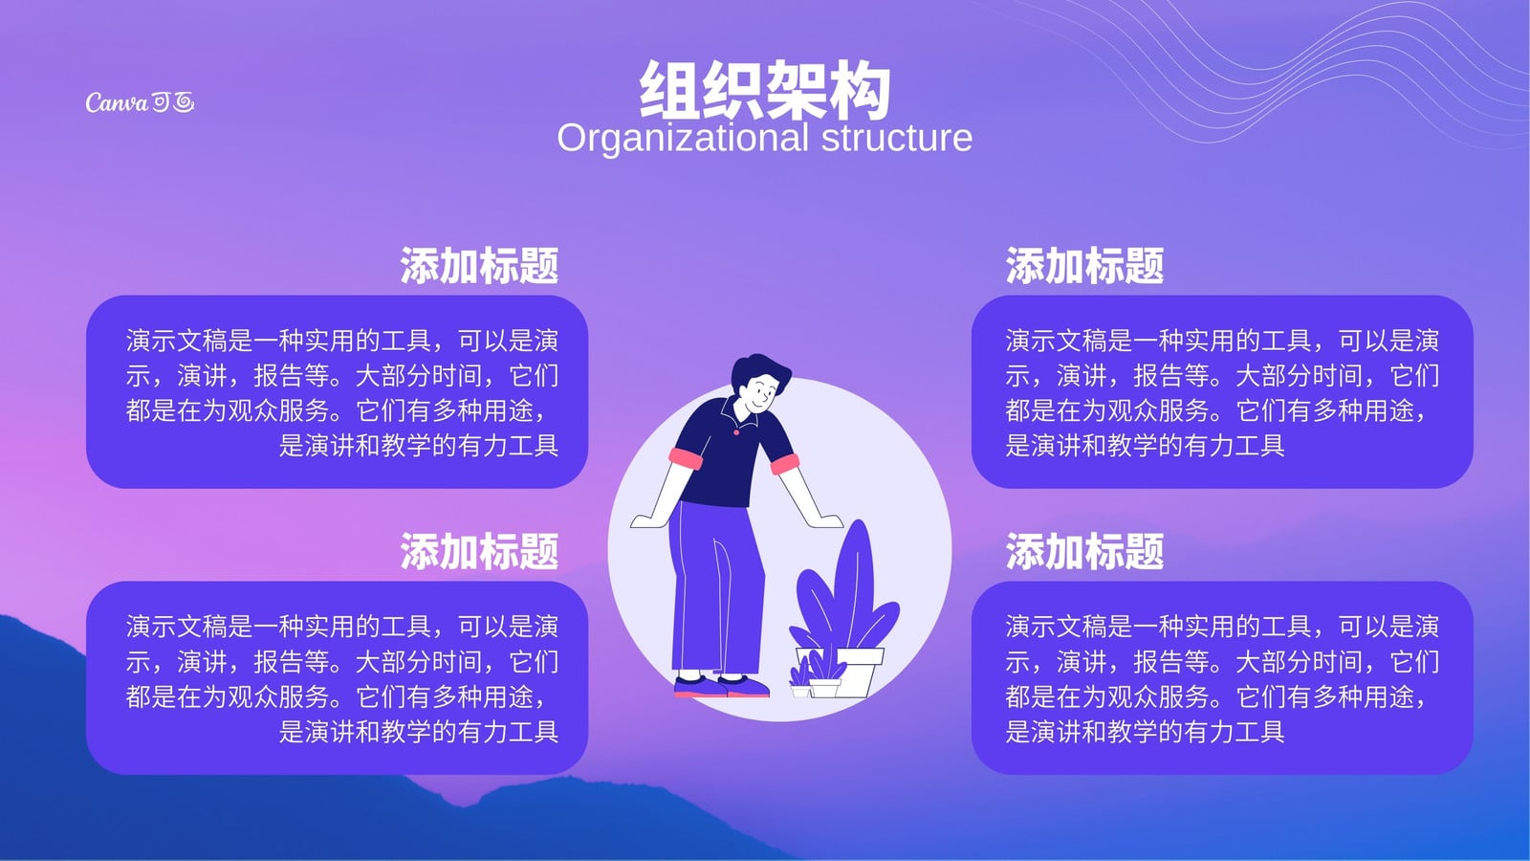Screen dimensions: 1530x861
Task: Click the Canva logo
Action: [140, 102]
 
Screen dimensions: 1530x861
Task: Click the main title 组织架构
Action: [765, 90]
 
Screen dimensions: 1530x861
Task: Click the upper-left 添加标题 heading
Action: [479, 265]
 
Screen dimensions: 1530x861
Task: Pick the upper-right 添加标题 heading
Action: [1084, 265]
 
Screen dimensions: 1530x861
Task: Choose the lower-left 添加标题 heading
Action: [479, 551]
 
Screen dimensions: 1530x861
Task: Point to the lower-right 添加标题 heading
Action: [1084, 551]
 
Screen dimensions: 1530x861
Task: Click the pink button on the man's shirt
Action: [736, 431]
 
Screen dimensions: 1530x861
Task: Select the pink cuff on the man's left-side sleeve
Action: [685, 458]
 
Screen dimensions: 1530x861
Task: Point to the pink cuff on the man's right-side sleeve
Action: [785, 464]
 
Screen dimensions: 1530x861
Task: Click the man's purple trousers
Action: [713, 587]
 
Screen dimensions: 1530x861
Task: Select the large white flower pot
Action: [857, 671]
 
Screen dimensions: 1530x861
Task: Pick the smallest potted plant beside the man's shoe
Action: [799, 680]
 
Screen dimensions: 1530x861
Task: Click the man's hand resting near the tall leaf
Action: [826, 521]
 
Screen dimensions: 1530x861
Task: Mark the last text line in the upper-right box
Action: [1145, 446]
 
